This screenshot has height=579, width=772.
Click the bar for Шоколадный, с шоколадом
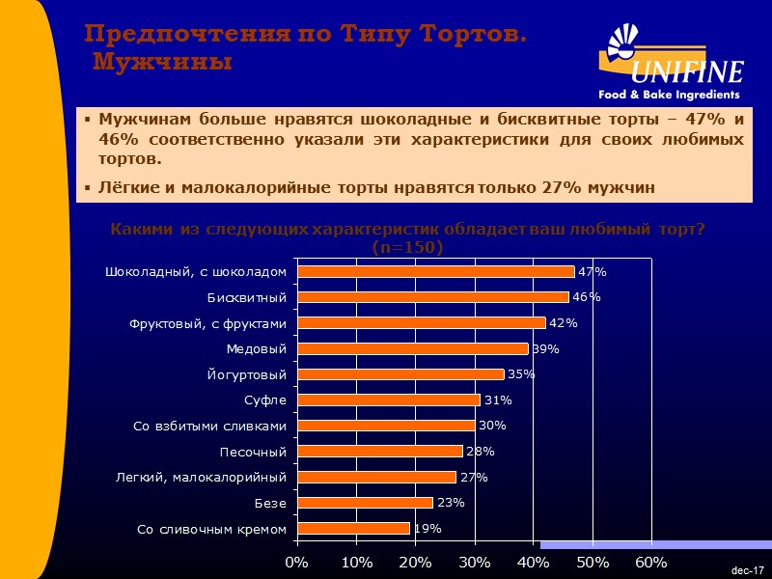[x=435, y=272]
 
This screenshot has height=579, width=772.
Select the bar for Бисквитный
[x=432, y=297]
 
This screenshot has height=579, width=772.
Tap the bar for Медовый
[x=412, y=348]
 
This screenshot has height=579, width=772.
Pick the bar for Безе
[x=365, y=503]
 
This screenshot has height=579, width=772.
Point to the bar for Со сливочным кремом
[x=353, y=529]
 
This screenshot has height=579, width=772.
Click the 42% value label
[x=563, y=323]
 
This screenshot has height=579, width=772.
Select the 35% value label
[x=521, y=374]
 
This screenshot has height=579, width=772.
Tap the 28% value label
[x=480, y=452]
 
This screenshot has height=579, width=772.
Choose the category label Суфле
[x=266, y=400]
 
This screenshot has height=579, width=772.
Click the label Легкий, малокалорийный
[x=202, y=477]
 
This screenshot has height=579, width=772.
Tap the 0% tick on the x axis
[x=297, y=561]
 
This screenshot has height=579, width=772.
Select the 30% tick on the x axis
[x=474, y=561]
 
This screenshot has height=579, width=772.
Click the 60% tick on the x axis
[x=651, y=561]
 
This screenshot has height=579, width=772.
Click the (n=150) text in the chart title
[x=407, y=248]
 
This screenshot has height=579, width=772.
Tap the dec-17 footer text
[x=747, y=571]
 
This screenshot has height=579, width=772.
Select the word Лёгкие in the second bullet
[x=125, y=187]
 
